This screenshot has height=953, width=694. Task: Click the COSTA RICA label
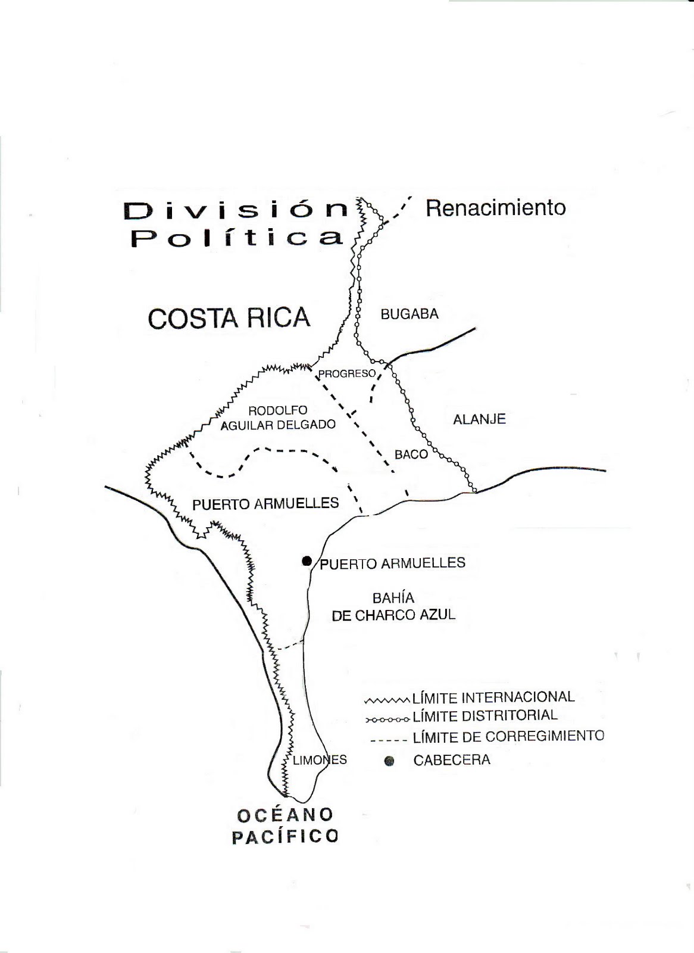click(x=229, y=318)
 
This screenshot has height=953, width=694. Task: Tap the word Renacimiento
click(x=496, y=208)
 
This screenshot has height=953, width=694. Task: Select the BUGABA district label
click(x=409, y=314)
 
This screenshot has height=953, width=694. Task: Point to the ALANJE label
click(x=479, y=419)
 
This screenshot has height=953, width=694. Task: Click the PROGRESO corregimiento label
click(x=347, y=373)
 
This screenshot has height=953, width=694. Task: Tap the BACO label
click(x=411, y=454)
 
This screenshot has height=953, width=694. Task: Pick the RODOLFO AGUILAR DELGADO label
click(x=278, y=417)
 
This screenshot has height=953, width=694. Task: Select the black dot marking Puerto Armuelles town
click(x=307, y=560)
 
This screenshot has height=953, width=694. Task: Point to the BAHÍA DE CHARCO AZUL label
click(x=393, y=606)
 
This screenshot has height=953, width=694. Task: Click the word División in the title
click(x=236, y=210)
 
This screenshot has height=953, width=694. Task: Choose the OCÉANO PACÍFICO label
click(x=284, y=825)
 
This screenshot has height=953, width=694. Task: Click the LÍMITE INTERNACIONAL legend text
click(x=493, y=697)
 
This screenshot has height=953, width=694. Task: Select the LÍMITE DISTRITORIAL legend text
click(x=485, y=716)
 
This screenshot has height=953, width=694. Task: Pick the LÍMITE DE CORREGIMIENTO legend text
click(x=508, y=737)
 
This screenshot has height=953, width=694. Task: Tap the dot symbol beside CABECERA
click(x=389, y=761)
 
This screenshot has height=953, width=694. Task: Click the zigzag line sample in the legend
click(x=387, y=699)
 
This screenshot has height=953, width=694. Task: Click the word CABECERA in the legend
click(x=452, y=760)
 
